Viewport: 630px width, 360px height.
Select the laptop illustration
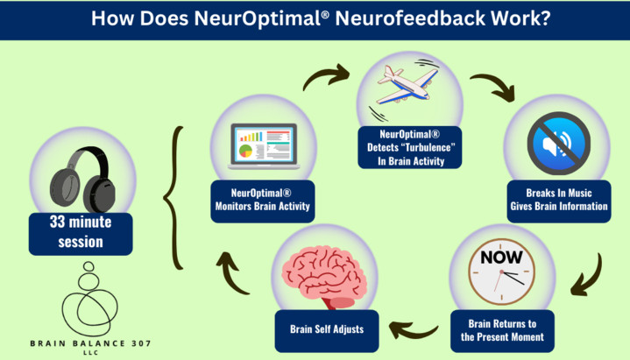click(260, 145)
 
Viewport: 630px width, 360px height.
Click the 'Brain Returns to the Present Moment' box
click(503, 330)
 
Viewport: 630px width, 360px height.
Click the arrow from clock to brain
click(412, 328)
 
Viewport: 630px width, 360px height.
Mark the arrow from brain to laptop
click(234, 273)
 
